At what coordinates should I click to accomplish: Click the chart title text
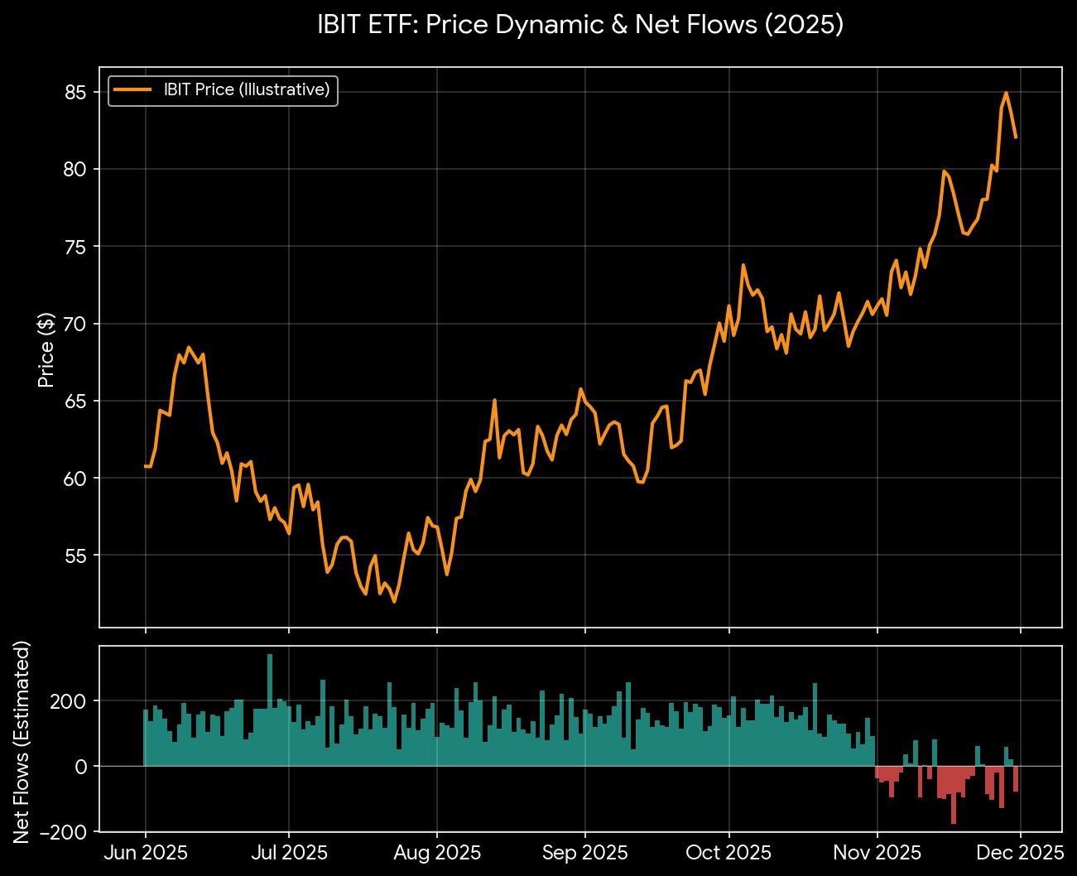point(580,25)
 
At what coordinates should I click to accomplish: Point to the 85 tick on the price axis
point(75,92)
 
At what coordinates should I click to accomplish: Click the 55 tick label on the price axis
point(75,556)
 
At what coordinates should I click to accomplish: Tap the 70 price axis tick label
point(75,324)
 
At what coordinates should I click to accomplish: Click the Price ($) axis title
point(46,350)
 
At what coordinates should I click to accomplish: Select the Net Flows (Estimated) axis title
point(22,741)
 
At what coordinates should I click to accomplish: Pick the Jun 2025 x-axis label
point(146,852)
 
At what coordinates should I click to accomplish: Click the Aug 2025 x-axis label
point(437,852)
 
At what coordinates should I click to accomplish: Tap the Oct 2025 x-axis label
point(728,852)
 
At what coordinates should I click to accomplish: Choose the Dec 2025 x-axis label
point(1020,852)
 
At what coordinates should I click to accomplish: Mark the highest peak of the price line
point(1006,93)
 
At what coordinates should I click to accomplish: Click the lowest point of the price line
point(394,602)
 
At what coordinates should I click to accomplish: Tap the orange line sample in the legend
point(132,89)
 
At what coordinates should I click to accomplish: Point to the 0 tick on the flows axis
point(80,767)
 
